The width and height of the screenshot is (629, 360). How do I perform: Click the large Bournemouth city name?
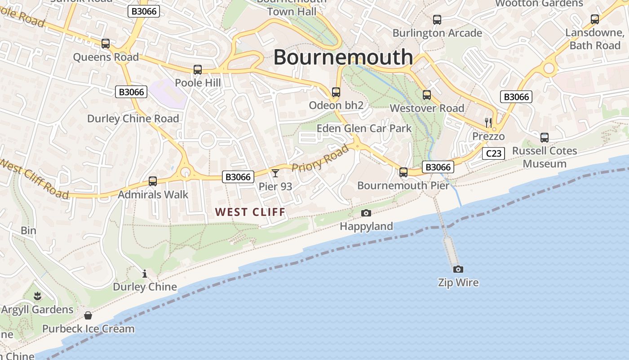coord(343,57)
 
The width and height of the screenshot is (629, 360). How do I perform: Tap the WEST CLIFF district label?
coord(250,212)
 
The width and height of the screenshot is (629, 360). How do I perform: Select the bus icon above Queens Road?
coord(106,44)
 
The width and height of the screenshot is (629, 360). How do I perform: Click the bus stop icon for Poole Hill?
coord(198,70)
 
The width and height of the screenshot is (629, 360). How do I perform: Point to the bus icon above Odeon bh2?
coord(336,92)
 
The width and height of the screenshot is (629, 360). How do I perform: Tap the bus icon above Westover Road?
coord(427,95)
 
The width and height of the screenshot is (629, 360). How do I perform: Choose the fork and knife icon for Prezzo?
coord(488,122)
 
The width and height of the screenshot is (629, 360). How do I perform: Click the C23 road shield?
coord(493,153)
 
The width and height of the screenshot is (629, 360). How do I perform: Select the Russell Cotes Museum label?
coord(545,157)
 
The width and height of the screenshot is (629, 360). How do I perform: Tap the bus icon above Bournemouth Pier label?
coord(403,172)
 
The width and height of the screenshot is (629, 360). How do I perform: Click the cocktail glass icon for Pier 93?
coord(275,173)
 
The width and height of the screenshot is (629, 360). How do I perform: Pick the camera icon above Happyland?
coord(366,213)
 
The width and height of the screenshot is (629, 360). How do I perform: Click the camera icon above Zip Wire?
coord(458,270)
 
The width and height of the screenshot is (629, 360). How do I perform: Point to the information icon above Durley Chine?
coord(145,273)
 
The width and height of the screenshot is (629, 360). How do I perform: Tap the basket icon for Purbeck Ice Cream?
coord(88,315)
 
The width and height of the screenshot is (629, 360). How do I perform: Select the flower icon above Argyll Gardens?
coord(37,296)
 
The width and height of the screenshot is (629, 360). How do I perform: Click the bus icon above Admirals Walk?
coord(153,181)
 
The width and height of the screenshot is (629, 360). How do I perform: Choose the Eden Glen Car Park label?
coord(364,128)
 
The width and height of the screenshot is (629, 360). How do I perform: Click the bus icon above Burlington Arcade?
coord(437,20)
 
